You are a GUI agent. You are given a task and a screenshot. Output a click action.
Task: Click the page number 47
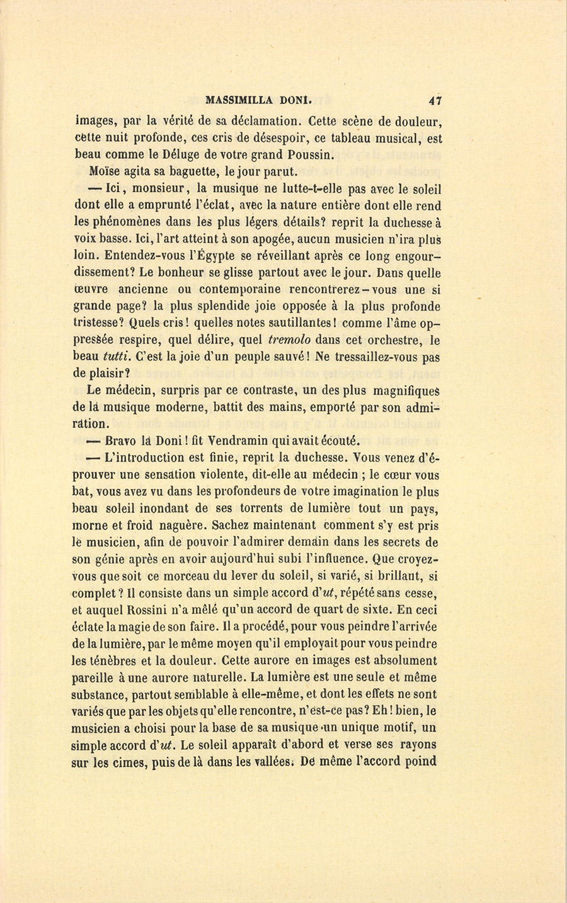tap(434, 100)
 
